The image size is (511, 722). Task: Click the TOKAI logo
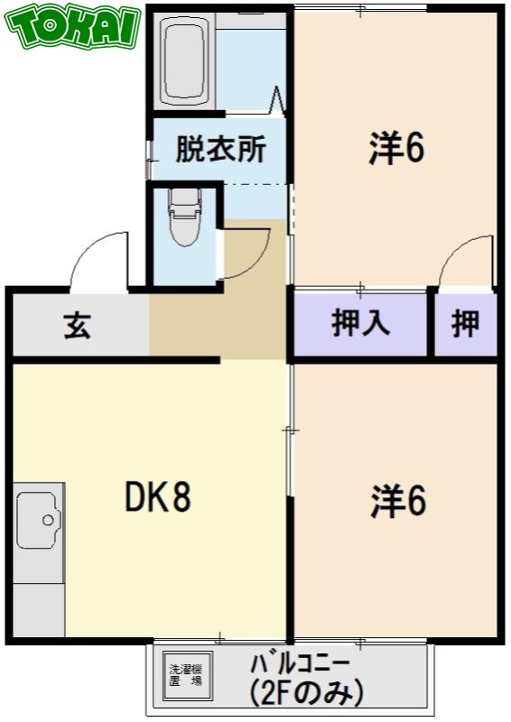click(x=75, y=28)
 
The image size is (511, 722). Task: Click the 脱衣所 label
click(x=220, y=149)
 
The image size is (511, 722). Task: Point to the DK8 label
click(x=157, y=497)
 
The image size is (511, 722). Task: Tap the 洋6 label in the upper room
click(x=396, y=150)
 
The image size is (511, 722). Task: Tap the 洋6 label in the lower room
click(x=397, y=503)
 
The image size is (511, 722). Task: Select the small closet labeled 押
click(x=465, y=324)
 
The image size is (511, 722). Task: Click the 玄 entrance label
click(x=78, y=325)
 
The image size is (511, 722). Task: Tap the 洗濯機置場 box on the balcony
click(x=185, y=676)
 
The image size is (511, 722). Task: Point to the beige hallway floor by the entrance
click(x=217, y=325)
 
